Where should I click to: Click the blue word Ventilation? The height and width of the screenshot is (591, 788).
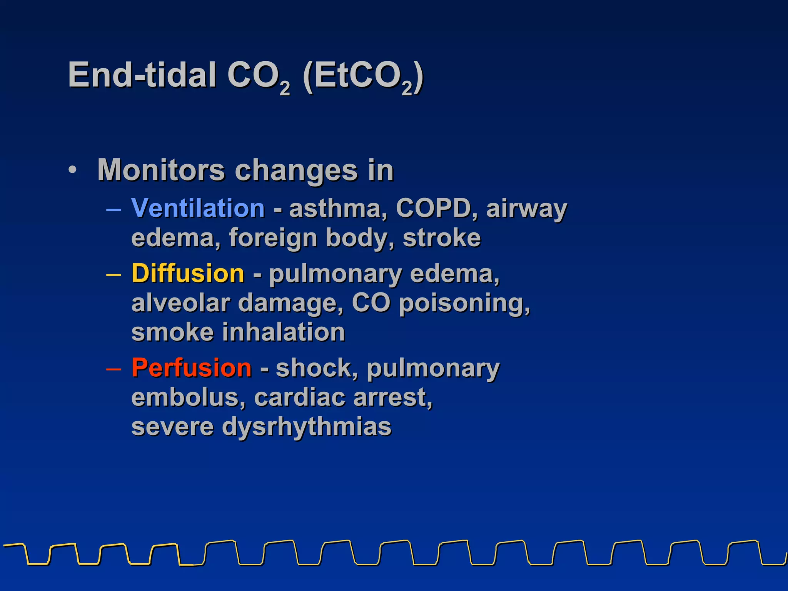[x=198, y=208]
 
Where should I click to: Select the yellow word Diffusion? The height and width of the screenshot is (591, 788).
[x=188, y=274]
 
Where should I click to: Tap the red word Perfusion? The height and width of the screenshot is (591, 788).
[x=192, y=368]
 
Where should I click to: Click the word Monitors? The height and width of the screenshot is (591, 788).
[x=161, y=170]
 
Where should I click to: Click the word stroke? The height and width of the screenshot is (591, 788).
[x=442, y=238]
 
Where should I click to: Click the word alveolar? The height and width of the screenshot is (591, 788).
[x=180, y=303]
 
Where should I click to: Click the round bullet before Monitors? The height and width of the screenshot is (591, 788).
[x=73, y=170]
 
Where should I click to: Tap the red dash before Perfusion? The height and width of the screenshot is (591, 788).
[x=114, y=368]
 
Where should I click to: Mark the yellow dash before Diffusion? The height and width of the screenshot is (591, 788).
[x=114, y=274]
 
